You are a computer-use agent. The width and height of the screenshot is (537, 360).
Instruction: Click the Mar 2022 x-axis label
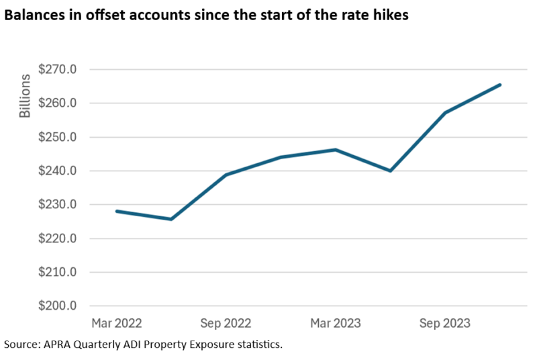(x=117, y=323)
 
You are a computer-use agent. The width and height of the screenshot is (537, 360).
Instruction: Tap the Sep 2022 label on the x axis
(x=226, y=323)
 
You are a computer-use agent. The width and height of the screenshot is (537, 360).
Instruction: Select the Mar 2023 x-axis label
(x=336, y=323)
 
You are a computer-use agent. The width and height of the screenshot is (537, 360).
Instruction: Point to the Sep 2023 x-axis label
(x=445, y=323)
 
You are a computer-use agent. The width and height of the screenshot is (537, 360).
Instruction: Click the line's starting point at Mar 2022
(x=117, y=211)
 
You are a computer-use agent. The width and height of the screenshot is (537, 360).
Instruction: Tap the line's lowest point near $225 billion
(x=171, y=219)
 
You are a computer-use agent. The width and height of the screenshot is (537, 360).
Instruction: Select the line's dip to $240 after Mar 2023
(x=390, y=171)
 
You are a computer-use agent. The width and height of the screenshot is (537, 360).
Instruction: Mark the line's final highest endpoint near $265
(x=500, y=85)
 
